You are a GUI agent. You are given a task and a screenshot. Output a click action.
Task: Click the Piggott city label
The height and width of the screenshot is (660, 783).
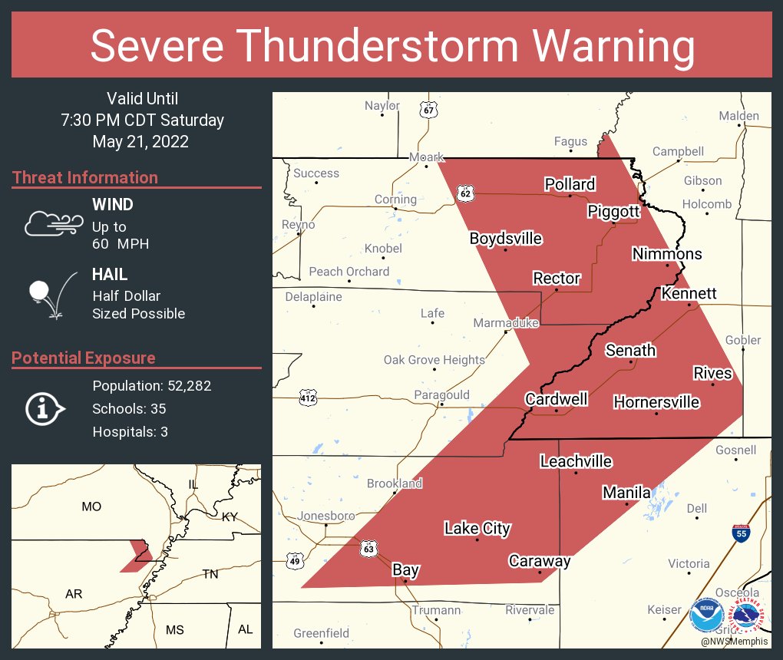[x=613, y=211]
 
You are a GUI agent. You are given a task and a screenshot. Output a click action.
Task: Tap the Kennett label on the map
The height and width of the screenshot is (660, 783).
[x=689, y=294]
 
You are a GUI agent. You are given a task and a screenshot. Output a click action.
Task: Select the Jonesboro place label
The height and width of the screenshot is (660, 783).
[x=326, y=516]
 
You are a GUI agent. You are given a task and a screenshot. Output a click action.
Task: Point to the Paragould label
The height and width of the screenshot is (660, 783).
[x=441, y=395]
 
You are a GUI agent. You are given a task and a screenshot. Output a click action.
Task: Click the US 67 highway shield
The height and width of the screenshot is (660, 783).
[x=429, y=110]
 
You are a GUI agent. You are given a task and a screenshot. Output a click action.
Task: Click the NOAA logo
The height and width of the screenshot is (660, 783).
[x=705, y=615]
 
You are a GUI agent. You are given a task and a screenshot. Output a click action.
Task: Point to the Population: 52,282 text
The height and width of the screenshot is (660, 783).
[x=152, y=386]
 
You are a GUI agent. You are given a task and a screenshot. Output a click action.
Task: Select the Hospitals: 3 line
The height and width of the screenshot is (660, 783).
[x=130, y=432]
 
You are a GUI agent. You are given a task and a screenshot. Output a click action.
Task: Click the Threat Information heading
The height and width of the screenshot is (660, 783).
[x=85, y=177]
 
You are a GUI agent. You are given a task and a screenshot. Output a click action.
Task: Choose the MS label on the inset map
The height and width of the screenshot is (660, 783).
[x=175, y=629]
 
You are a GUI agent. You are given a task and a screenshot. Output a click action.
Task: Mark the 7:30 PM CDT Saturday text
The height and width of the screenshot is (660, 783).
[x=142, y=120]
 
